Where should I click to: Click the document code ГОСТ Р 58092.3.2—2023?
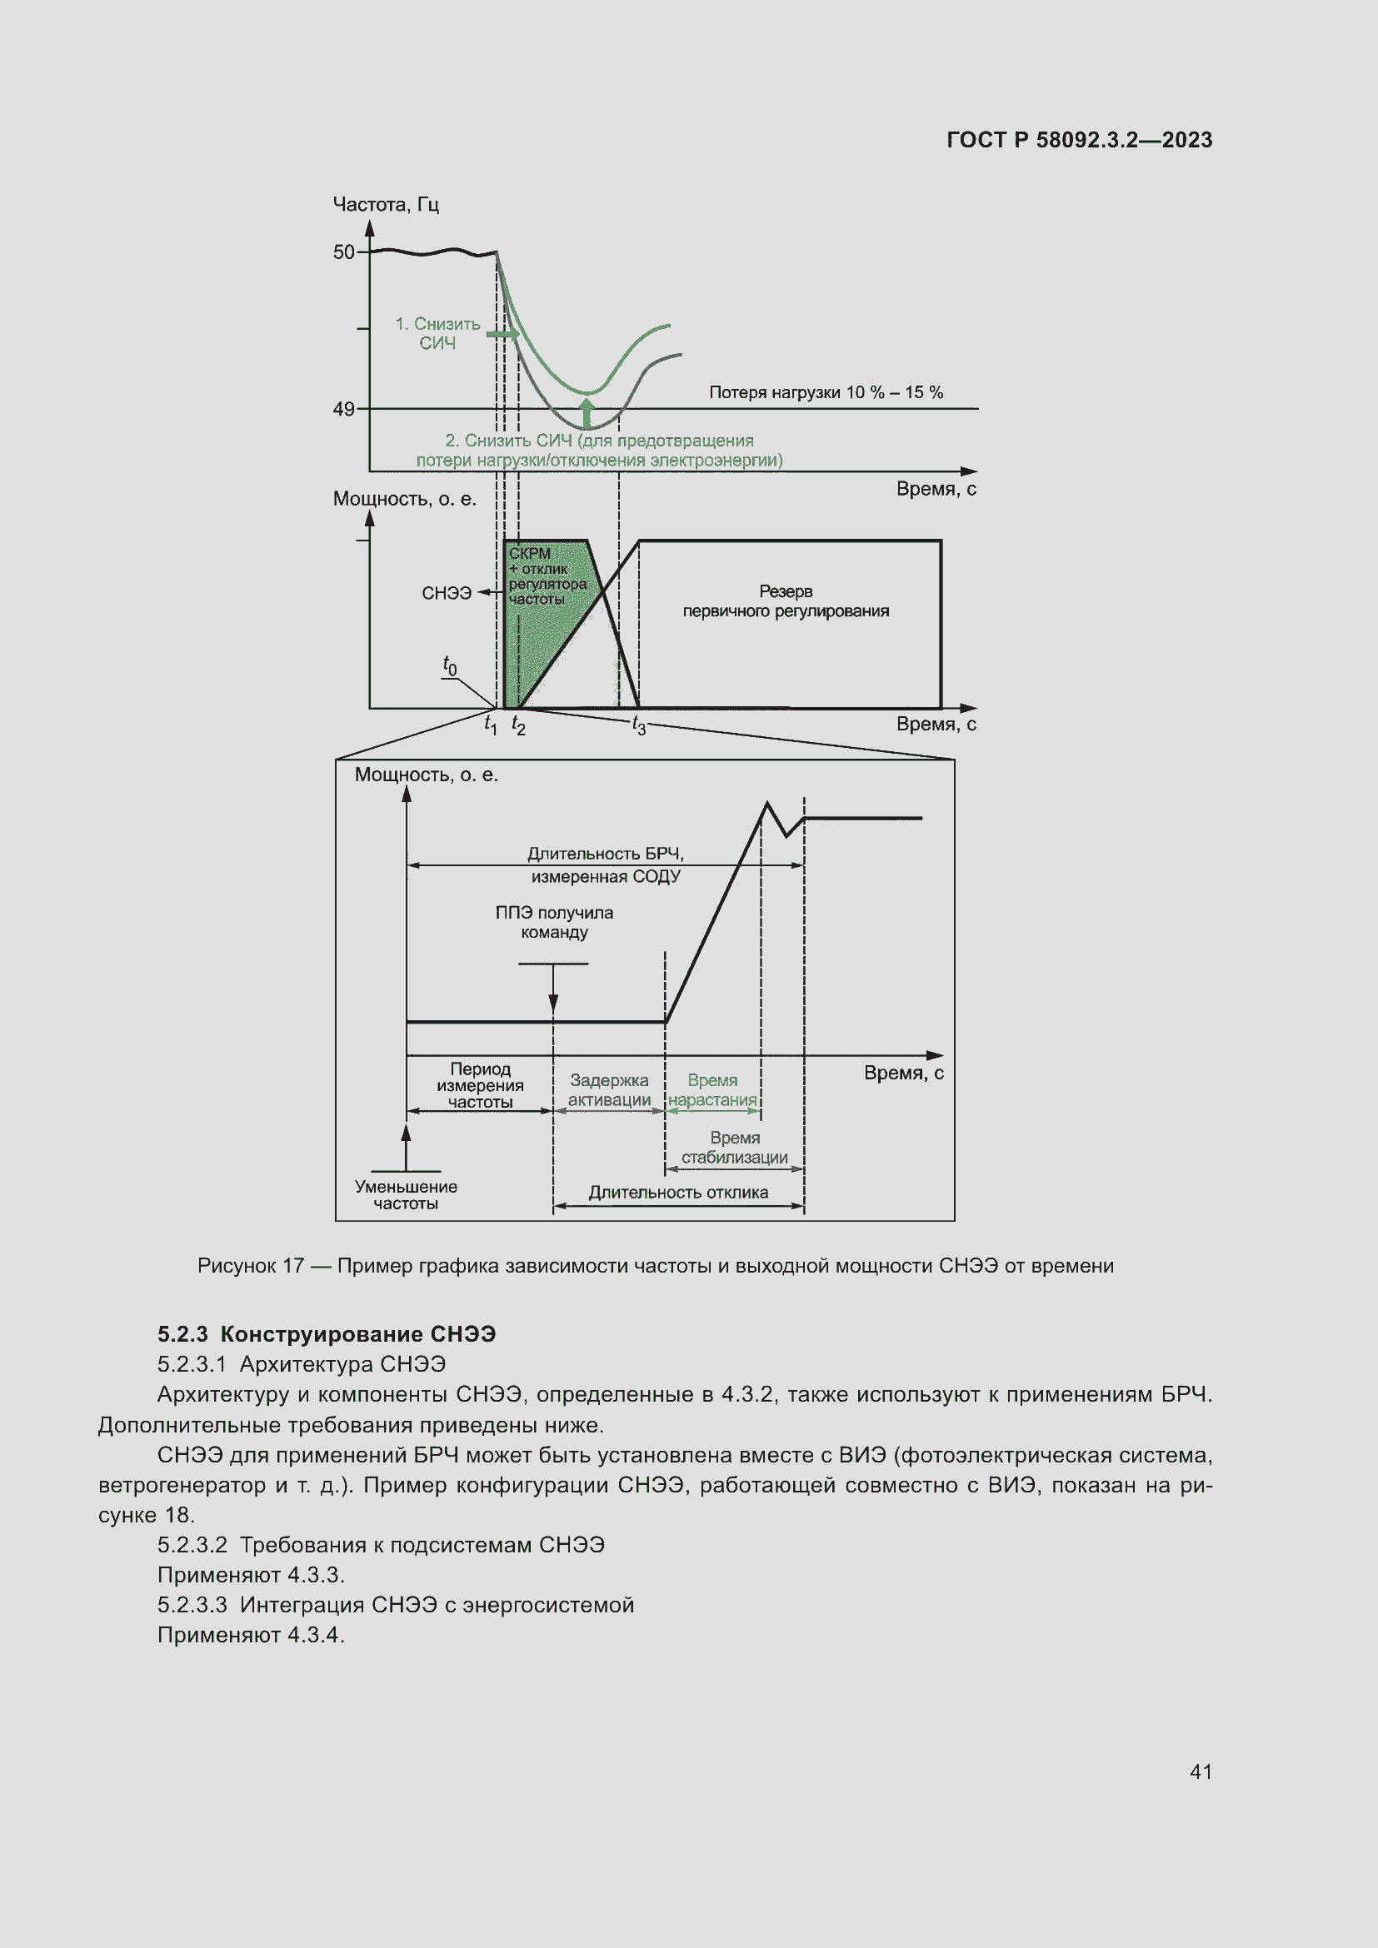click(x=1078, y=140)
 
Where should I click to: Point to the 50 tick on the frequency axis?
click(x=343, y=252)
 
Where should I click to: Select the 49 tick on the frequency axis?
click(x=343, y=409)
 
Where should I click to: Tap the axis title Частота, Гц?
click(x=385, y=205)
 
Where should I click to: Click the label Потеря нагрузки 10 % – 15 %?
click(x=826, y=392)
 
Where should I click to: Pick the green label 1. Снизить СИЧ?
click(x=438, y=333)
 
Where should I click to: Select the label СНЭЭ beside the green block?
click(x=447, y=593)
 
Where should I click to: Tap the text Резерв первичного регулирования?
click(x=786, y=600)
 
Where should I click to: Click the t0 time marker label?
click(x=450, y=665)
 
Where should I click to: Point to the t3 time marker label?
click(x=639, y=725)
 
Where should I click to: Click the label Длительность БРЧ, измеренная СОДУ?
click(x=606, y=864)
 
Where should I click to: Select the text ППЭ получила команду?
click(x=554, y=922)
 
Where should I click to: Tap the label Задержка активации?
click(x=609, y=1090)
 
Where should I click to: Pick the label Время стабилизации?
click(x=735, y=1147)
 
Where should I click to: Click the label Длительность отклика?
click(x=678, y=1192)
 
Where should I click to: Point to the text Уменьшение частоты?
click(x=406, y=1194)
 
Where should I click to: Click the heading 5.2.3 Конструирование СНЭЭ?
click(x=327, y=1333)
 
